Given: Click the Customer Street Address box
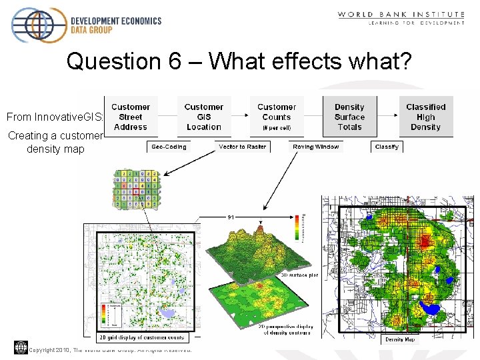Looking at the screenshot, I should point(131,117).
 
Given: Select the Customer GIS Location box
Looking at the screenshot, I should point(203,117).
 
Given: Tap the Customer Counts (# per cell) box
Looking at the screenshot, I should point(277,117).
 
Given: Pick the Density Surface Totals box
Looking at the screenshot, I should point(349,117).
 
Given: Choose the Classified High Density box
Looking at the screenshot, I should point(425,117).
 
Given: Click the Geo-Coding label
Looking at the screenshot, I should point(169,147).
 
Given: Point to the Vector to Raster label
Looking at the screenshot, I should point(242,147).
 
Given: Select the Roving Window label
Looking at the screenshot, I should point(316,147).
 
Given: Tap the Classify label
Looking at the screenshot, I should point(387,147).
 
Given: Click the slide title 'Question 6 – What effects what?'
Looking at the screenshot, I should point(239,62).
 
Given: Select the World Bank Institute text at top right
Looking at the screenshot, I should point(401,14).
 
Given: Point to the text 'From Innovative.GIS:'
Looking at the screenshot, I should point(55,117).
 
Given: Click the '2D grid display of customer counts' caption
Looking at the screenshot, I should point(141,337).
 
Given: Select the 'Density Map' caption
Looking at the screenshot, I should point(400,339).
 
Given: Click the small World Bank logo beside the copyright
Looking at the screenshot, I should point(21,347).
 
